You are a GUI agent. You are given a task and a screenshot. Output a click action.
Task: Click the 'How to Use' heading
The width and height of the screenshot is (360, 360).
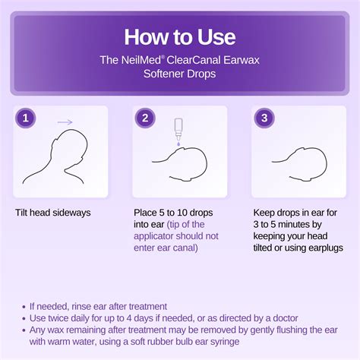(180, 37)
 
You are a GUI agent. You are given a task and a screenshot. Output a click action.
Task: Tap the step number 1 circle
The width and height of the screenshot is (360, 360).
(26, 118)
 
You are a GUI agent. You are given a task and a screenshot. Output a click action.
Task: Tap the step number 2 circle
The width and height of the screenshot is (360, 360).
(144, 118)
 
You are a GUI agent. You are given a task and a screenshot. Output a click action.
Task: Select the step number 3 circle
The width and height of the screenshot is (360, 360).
(264, 118)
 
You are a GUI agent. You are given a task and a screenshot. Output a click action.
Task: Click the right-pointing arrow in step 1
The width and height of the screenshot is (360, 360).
(65, 120)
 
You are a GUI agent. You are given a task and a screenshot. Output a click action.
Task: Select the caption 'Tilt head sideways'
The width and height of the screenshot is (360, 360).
(52, 213)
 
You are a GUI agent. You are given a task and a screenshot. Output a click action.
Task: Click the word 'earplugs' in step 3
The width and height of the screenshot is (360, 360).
(324, 248)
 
